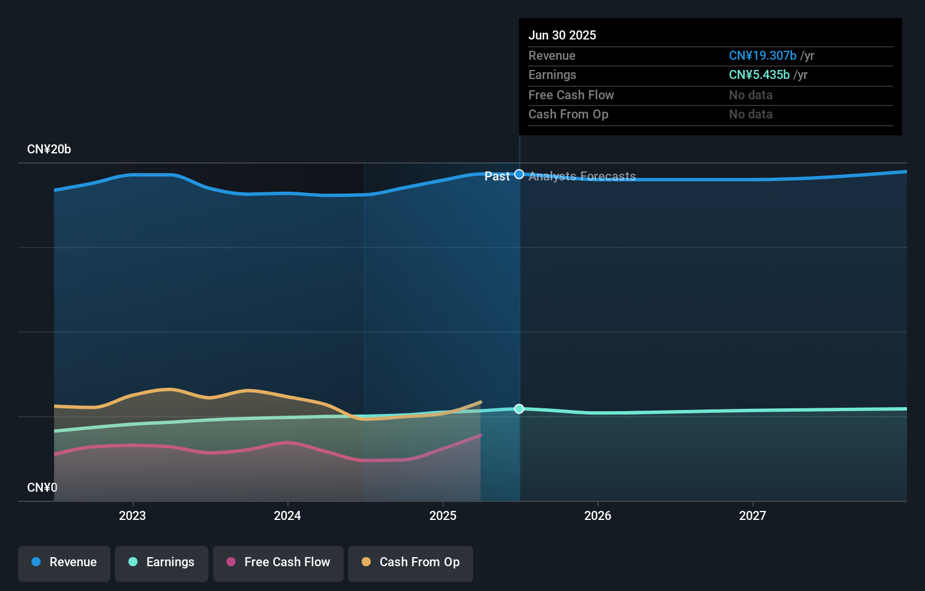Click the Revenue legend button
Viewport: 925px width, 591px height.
point(64,562)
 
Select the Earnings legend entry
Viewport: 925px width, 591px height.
point(162,562)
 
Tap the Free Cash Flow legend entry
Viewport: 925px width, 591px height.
point(278,562)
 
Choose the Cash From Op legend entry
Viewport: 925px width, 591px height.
point(411,562)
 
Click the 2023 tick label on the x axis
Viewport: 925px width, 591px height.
point(132,515)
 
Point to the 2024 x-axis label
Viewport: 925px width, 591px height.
point(287,515)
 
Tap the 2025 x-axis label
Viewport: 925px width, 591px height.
point(443,515)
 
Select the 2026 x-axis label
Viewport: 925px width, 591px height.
point(598,515)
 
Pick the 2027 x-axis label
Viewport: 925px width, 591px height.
point(753,515)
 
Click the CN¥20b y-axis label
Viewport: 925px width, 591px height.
point(49,149)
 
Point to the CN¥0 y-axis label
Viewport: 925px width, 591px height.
point(42,487)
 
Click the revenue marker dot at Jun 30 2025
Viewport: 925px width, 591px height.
point(519,174)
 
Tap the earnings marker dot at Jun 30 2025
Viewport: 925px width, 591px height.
point(519,409)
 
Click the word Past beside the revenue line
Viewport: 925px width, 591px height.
point(497,177)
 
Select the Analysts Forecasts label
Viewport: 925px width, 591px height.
point(582,177)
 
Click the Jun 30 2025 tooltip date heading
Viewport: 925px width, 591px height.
point(562,35)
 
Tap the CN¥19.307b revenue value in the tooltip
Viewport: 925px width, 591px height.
point(762,55)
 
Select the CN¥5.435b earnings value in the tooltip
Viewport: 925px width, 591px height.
point(759,75)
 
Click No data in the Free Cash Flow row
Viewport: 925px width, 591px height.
point(750,95)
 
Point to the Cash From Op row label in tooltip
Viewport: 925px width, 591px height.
point(568,114)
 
